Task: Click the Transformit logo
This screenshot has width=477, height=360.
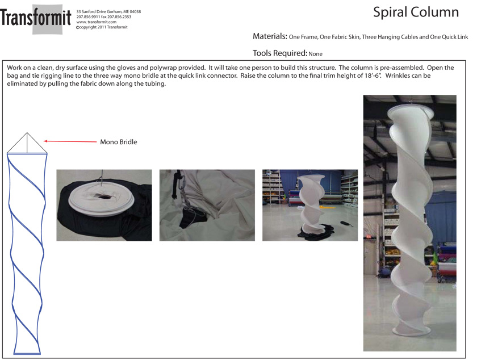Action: pos(36,18)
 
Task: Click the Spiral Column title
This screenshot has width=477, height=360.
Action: pos(416,12)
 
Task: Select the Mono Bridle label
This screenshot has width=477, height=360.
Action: pos(119,142)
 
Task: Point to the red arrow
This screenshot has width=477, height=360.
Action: pos(70,141)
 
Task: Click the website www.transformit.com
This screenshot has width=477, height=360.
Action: pos(96,22)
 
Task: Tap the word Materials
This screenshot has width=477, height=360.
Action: pos(270,36)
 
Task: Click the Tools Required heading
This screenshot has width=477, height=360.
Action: pos(280,53)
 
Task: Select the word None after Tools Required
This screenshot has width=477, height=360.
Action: pos(316,54)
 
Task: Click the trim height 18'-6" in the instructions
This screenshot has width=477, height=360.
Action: pos(373,76)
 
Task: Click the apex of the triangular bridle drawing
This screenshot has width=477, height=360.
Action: pos(27,133)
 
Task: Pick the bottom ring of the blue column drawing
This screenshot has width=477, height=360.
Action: pos(27,353)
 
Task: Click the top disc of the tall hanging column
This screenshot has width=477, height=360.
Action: pos(411,111)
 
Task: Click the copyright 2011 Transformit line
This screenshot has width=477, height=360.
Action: pos(102,27)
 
